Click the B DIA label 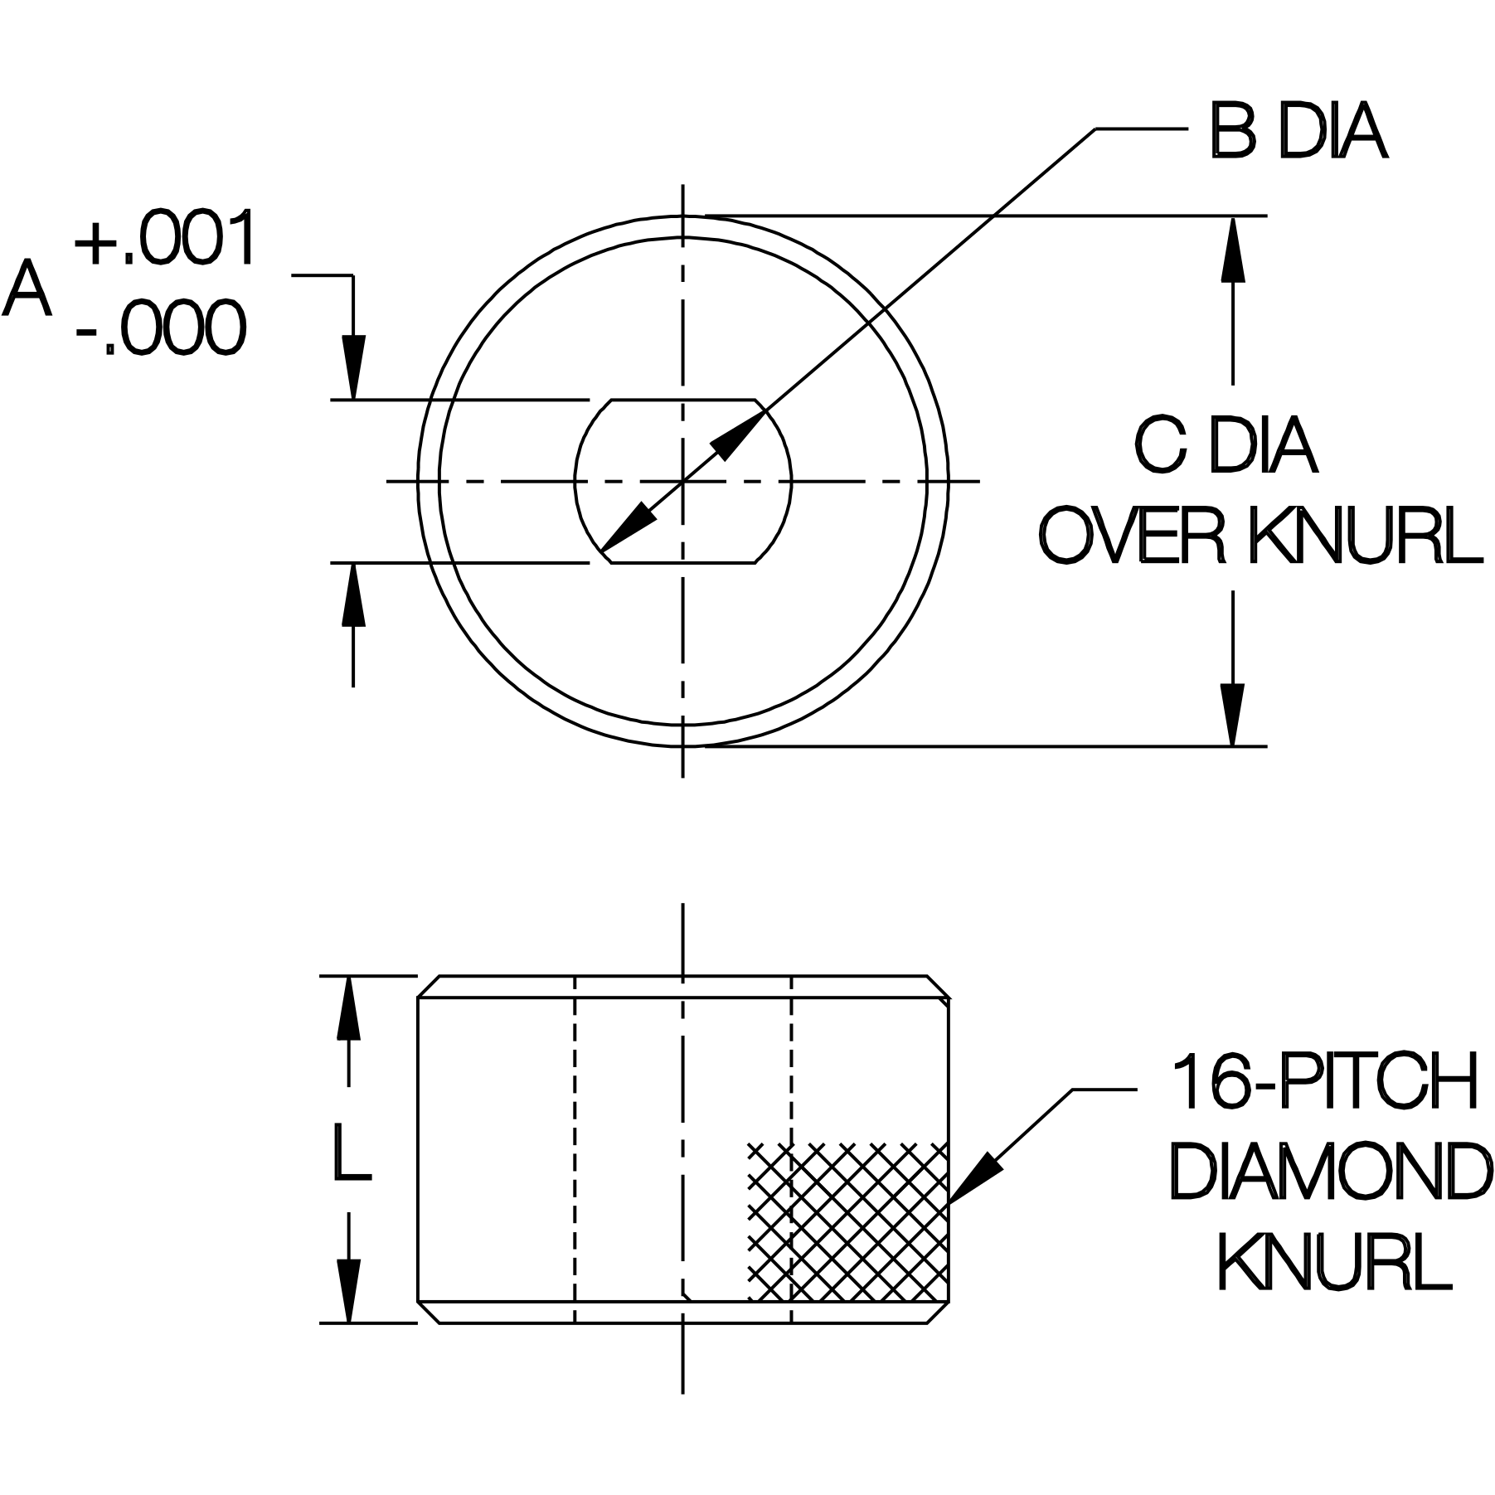tap(1298, 133)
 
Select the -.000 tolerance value tap(162, 329)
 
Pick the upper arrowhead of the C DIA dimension tap(1233, 249)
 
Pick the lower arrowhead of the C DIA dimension tap(1233, 714)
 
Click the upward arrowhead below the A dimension tap(354, 595)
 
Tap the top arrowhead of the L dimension tap(348, 1007)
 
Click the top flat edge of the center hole tap(683, 400)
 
